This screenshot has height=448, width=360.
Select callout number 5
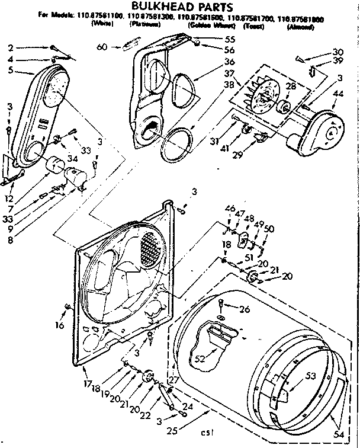click(10, 70)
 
